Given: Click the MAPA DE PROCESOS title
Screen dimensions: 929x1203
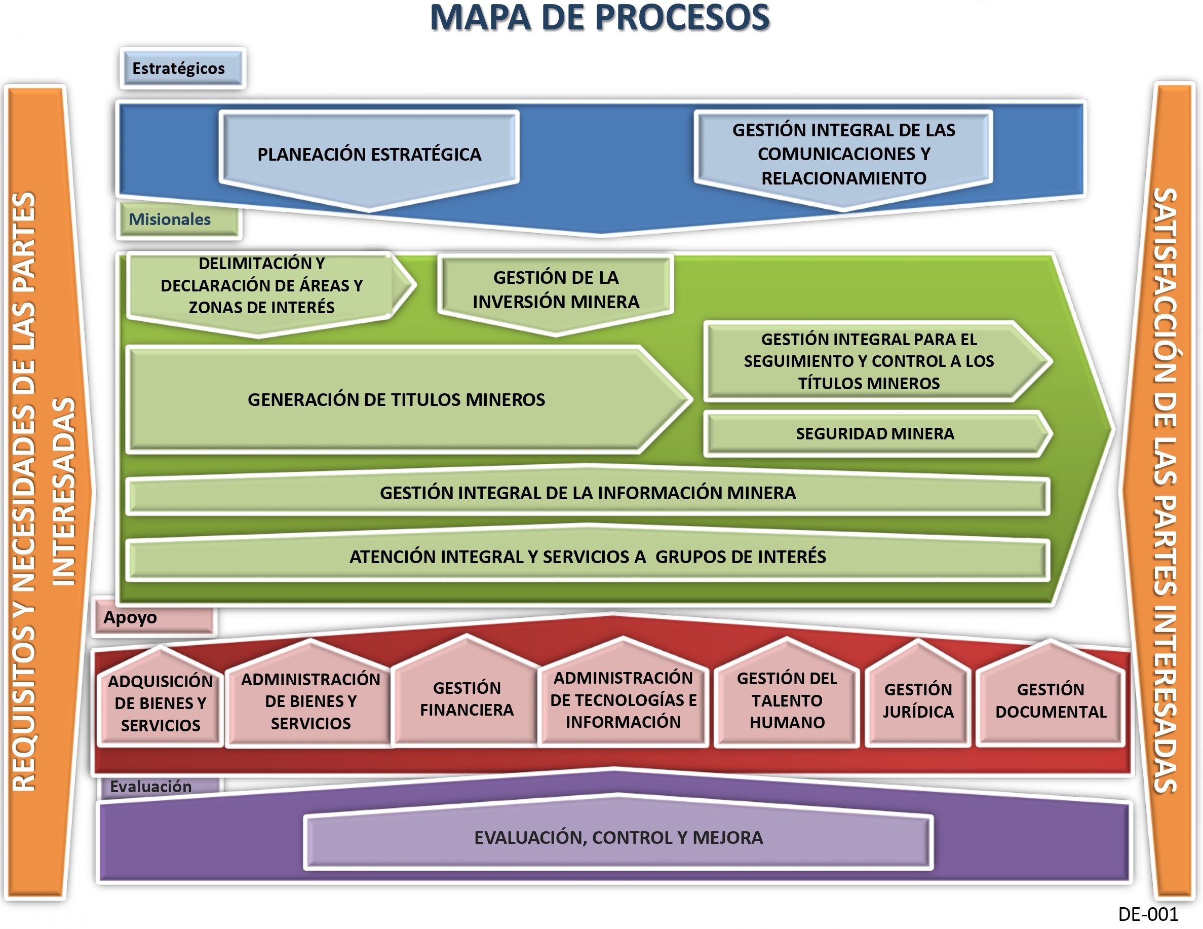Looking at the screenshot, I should pos(599,18).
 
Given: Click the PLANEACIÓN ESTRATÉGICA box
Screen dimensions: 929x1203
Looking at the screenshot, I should pos(369,154).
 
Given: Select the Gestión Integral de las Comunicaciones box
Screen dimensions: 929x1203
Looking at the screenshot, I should pos(843,154).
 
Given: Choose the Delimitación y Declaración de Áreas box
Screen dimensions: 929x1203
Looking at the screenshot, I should pos(262,285).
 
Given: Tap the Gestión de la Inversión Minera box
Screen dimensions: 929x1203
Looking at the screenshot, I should pos(556,290).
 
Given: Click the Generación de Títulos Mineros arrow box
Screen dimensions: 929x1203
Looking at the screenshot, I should pos(397,399).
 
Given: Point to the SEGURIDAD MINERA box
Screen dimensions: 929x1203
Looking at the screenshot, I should pos(875,434).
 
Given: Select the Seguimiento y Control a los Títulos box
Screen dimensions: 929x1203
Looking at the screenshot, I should pos(869,361).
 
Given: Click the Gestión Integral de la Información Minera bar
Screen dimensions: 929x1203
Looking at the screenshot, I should pos(588,493).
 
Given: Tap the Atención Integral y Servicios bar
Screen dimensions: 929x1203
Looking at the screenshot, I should pos(588,556).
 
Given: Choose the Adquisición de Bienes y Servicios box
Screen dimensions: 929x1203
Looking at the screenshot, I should pos(160,703).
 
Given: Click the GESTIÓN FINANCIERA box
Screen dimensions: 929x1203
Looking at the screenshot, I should pos(467,699).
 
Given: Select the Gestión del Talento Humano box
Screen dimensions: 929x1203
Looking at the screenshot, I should pos(787,700).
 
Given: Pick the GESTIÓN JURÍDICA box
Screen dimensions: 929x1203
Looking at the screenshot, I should pos(918,700).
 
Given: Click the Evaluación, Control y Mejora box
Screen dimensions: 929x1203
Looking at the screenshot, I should pos(618,838).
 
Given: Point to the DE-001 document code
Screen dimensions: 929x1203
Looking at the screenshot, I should pos(1148,914).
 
